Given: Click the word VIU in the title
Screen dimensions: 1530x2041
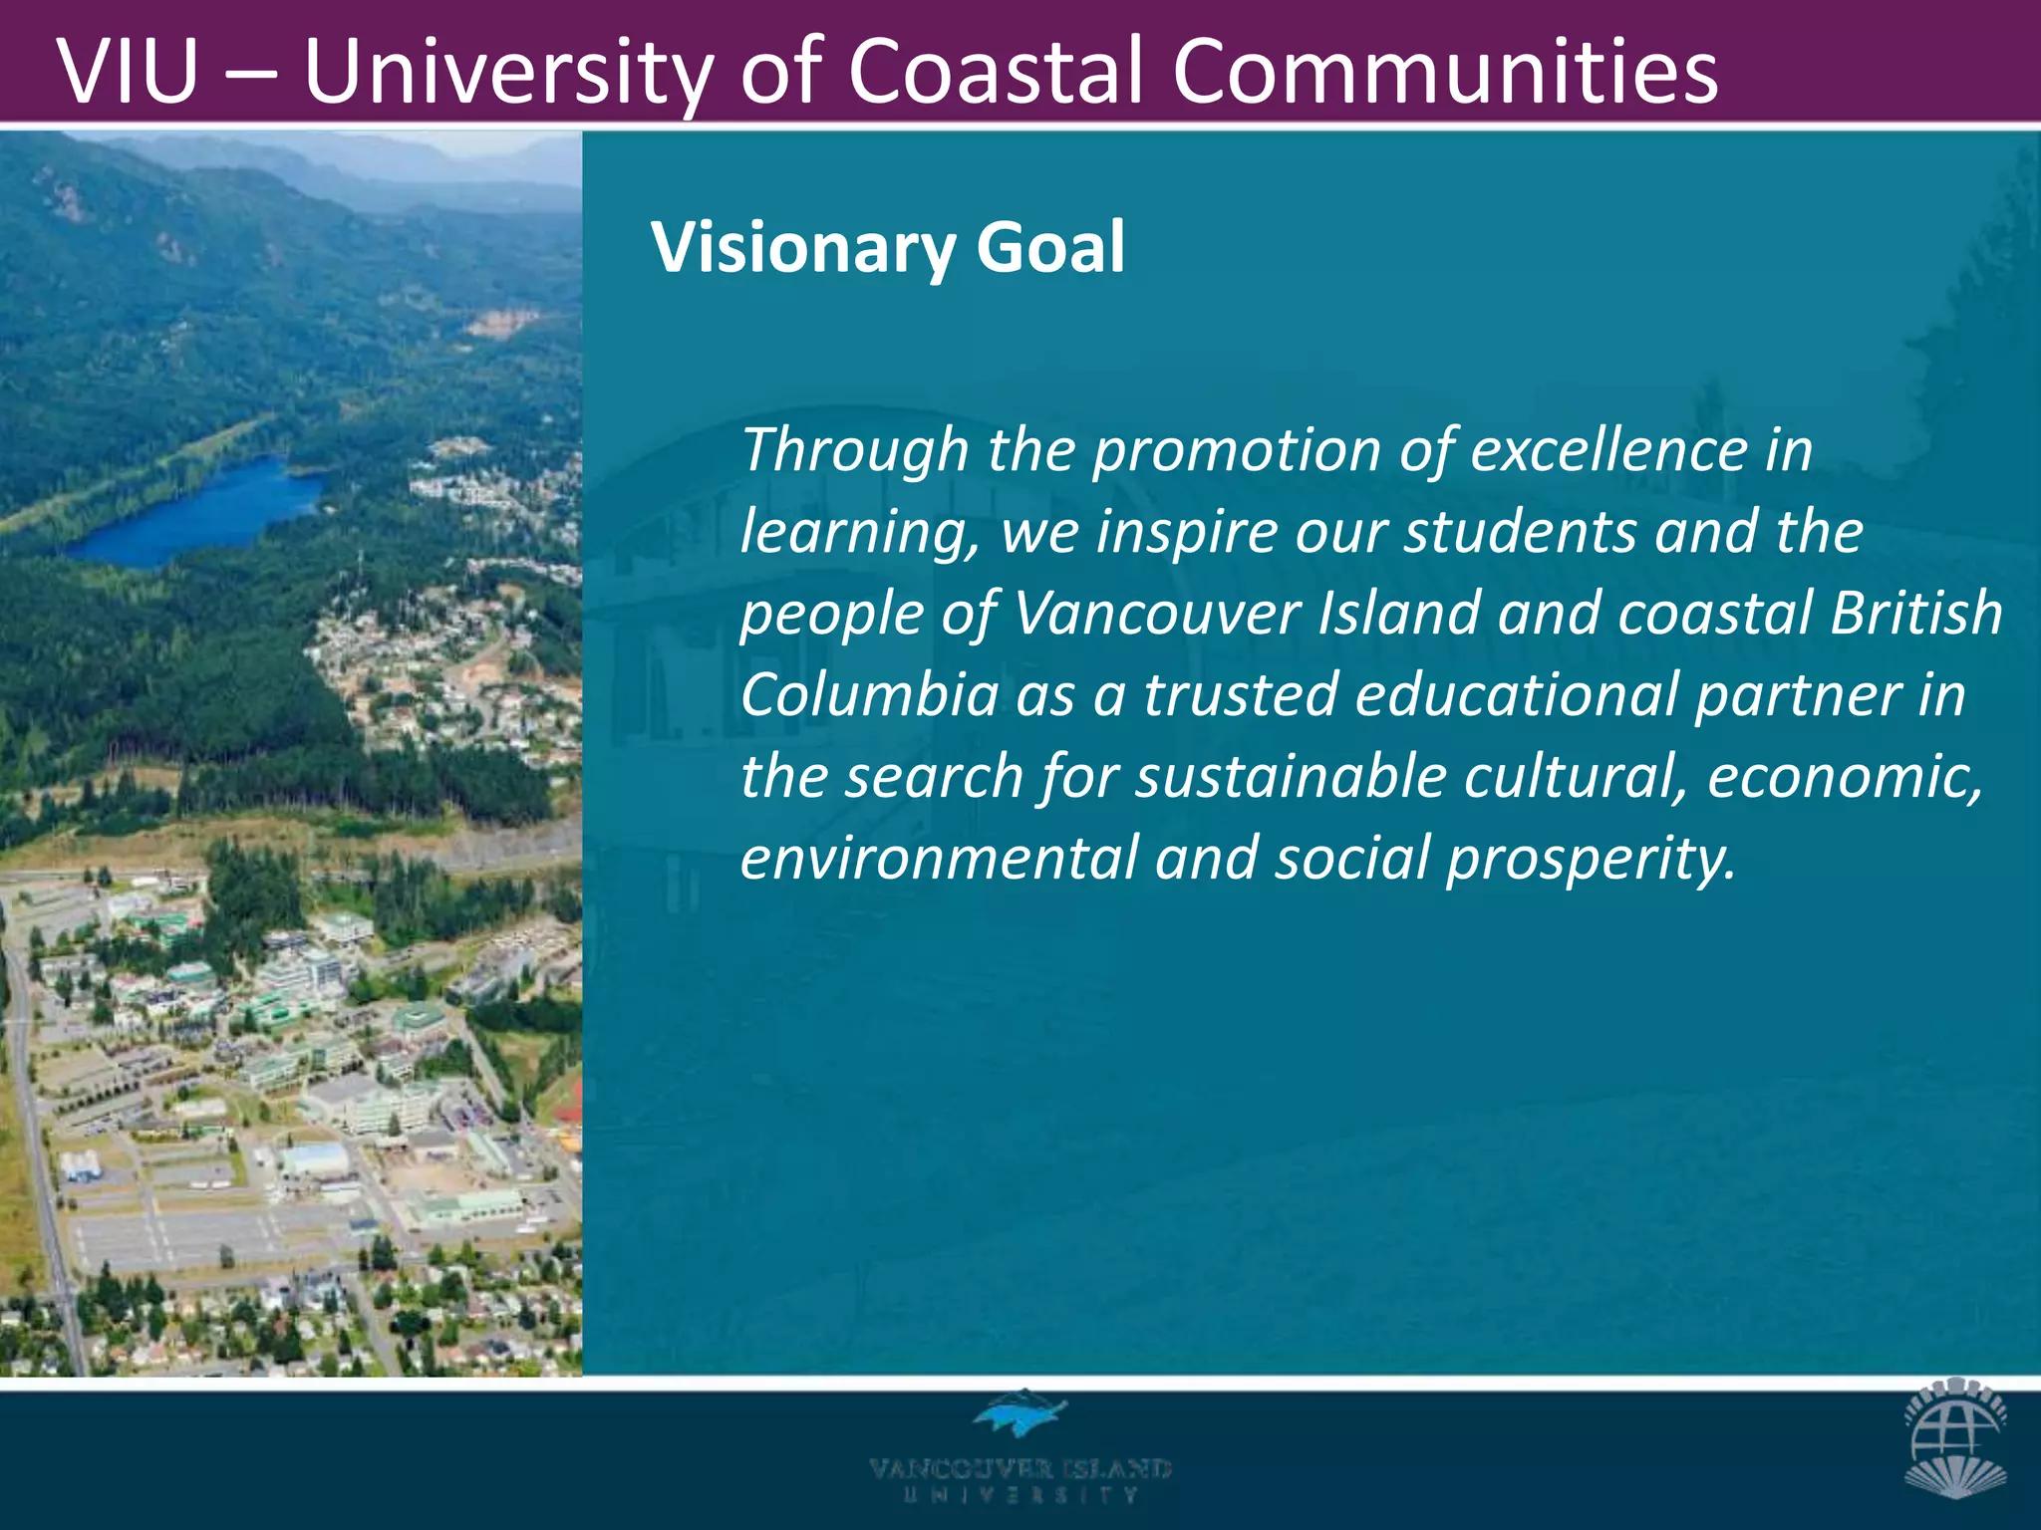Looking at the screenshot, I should [x=129, y=72].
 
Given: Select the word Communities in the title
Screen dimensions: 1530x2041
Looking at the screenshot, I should [x=1445, y=72].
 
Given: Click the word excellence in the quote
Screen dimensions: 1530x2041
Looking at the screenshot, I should [x=1608, y=450].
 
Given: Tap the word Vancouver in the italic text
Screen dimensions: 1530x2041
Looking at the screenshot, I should [x=1157, y=614].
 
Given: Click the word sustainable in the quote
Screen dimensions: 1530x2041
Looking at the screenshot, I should [x=1291, y=777].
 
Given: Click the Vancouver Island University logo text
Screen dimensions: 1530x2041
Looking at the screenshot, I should [x=1020, y=1479].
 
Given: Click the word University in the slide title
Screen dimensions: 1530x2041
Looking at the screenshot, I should [x=508, y=72].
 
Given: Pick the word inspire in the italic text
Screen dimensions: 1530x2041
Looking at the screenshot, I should [x=1187, y=533].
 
